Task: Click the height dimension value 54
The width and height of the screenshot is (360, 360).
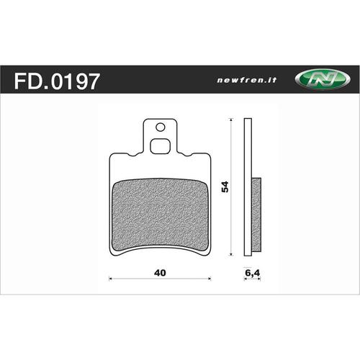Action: [x=225, y=187]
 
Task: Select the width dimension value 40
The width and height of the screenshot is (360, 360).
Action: [x=160, y=273]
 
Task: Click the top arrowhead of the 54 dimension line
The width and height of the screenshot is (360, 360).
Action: [x=230, y=121]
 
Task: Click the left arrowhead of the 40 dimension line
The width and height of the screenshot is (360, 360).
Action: [x=110, y=277]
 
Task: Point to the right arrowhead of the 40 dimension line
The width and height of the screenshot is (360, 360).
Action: [x=210, y=277]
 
